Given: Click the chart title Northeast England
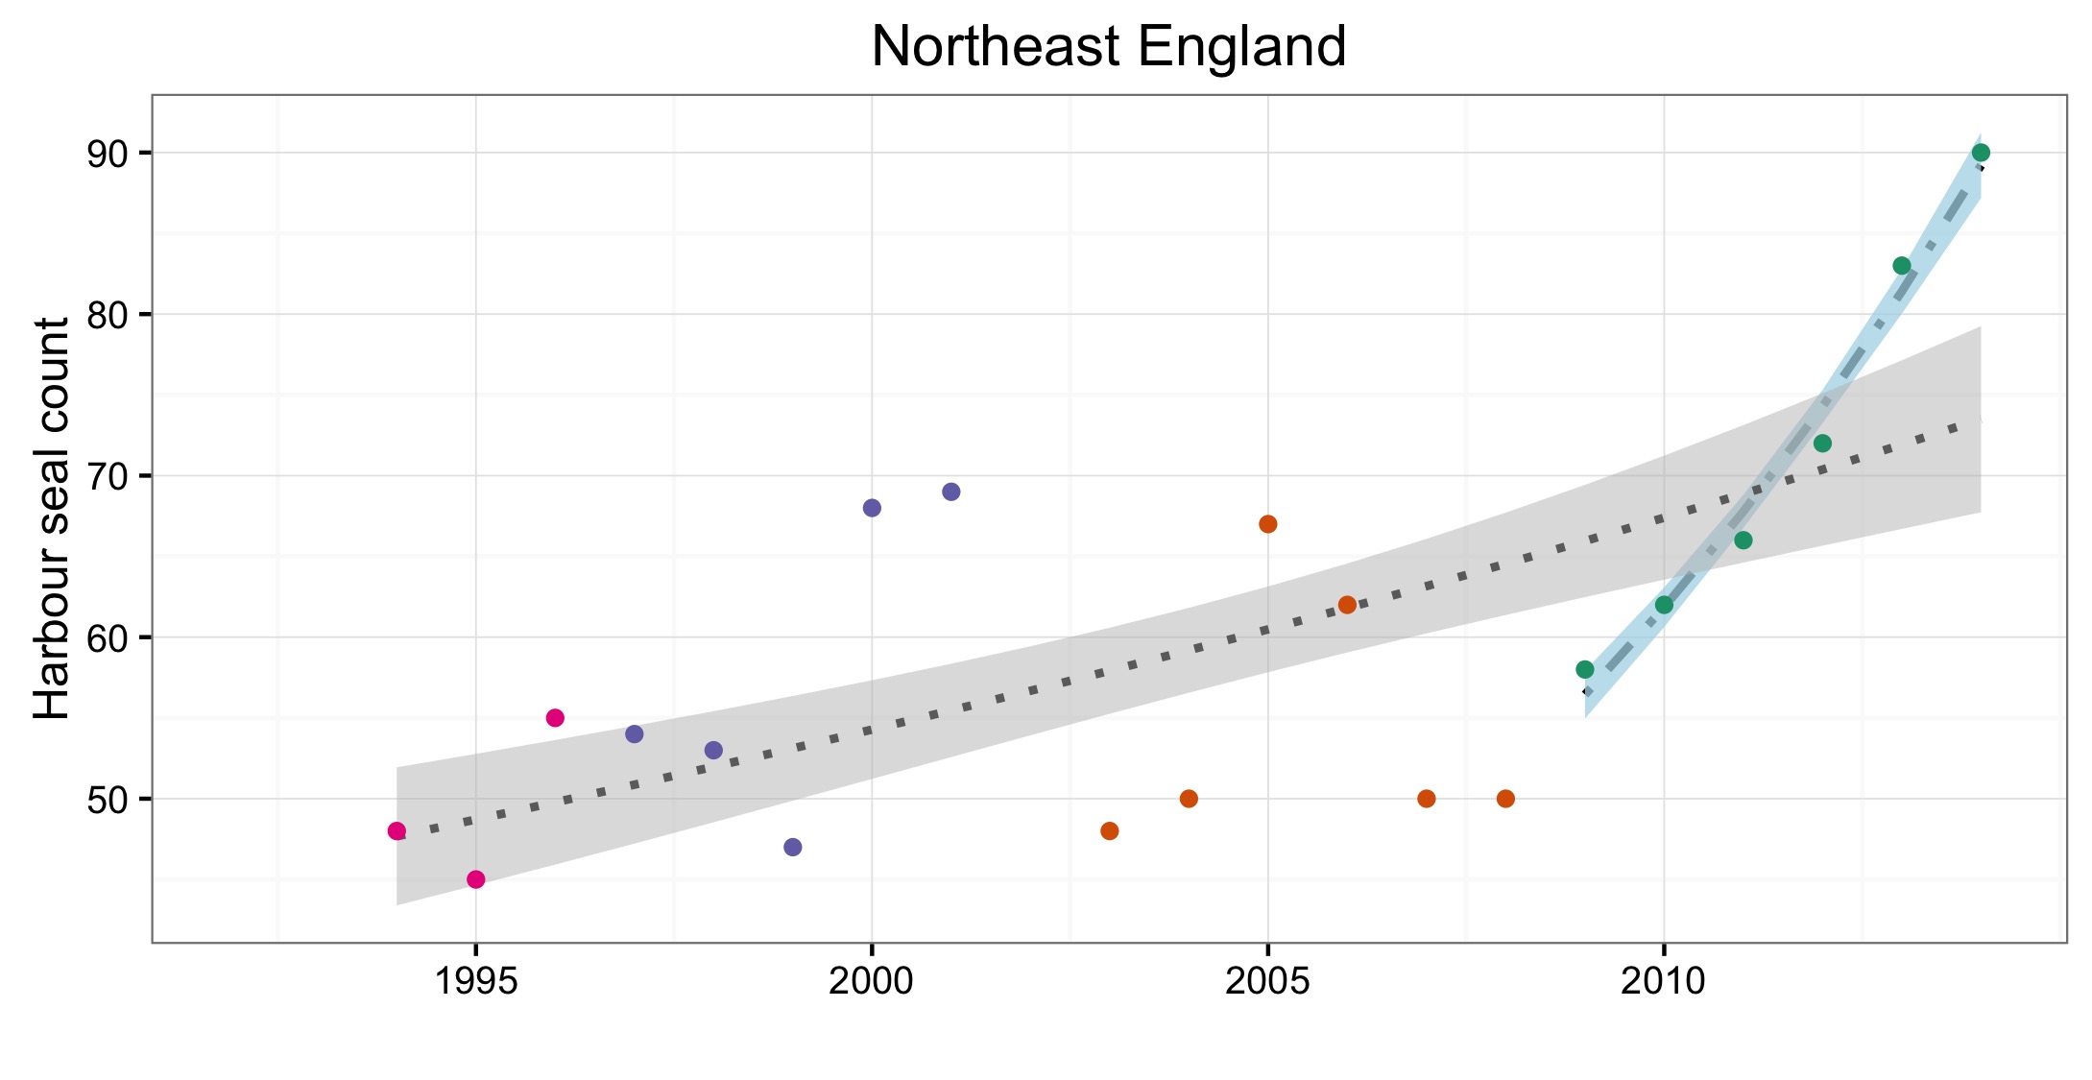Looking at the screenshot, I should point(1108,46).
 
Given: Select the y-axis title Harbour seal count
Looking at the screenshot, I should point(52,518).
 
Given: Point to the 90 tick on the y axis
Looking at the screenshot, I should point(108,154).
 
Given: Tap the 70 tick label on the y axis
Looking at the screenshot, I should point(108,476).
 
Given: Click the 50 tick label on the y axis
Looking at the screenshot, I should point(108,799).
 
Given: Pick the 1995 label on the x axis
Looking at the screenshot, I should point(475,981).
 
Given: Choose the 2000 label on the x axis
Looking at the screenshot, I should point(872,981).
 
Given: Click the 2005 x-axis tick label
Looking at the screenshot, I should point(1267,981).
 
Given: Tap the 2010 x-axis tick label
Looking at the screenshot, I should point(1664,981).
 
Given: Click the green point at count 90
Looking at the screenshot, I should point(1981,153).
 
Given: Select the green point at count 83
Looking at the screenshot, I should point(1902,266).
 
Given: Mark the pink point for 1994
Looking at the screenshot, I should point(397,830).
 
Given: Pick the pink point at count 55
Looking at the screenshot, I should point(555,718).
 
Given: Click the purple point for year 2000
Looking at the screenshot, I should point(872,508).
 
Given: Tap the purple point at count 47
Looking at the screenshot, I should point(793,847).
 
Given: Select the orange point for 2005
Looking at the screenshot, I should point(1267,524).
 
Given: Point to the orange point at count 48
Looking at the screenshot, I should point(1110,830).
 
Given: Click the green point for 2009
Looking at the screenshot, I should point(1585,669).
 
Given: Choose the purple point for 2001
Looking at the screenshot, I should point(951,492).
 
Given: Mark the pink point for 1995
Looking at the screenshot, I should point(475,879).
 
